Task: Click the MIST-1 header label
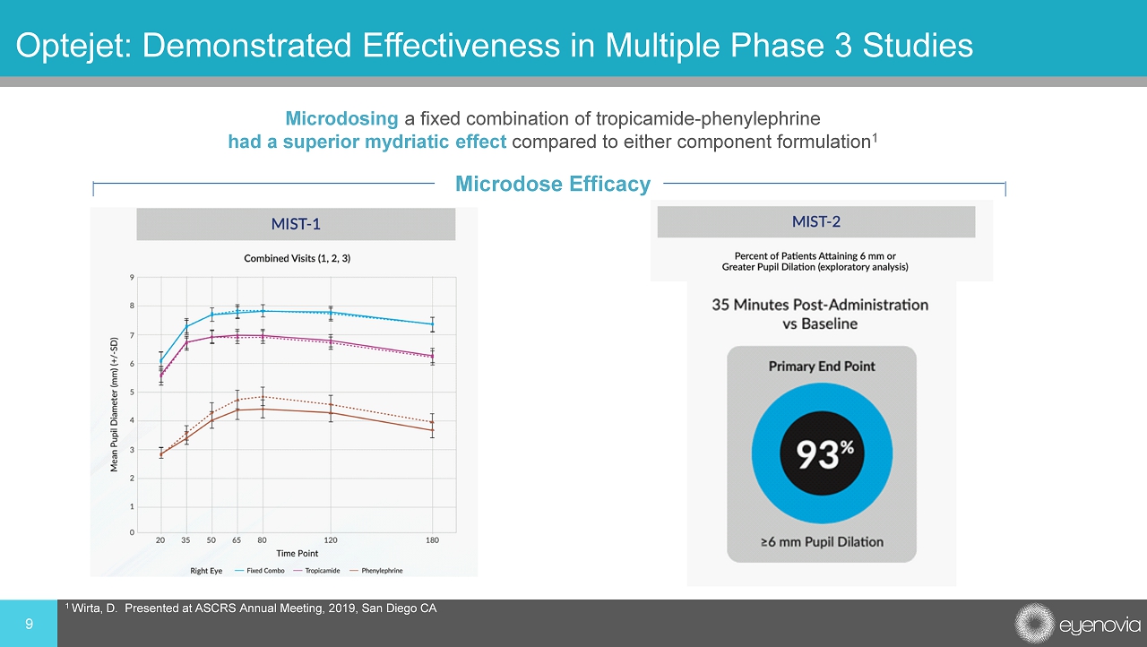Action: (296, 223)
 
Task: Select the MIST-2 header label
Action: (815, 221)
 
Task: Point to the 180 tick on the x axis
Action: (432, 540)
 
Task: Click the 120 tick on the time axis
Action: (331, 540)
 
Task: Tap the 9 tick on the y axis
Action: (132, 278)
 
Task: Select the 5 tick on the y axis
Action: (132, 393)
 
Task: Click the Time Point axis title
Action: (297, 554)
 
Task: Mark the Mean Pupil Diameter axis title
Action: (115, 404)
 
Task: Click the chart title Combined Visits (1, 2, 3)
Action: (297, 258)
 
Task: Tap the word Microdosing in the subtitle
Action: (341, 118)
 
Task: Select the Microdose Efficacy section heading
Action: (552, 185)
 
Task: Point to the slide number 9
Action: (29, 624)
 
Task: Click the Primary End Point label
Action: (822, 366)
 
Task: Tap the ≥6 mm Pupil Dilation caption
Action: (822, 541)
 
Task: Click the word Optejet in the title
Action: (69, 44)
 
